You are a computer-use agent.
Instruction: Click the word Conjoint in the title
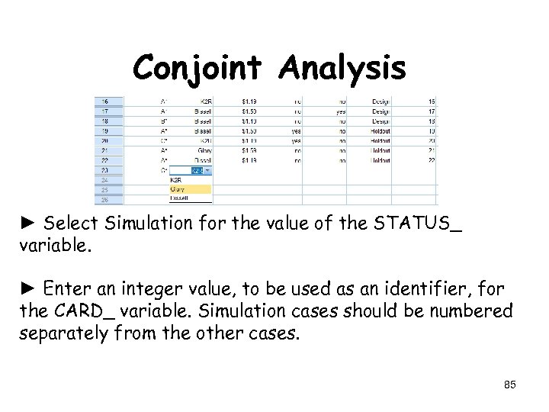click(200, 68)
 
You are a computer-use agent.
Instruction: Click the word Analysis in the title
click(342, 68)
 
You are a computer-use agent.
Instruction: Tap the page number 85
click(509, 385)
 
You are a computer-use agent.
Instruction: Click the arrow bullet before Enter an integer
click(30, 290)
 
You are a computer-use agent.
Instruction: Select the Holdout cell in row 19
click(380, 131)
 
